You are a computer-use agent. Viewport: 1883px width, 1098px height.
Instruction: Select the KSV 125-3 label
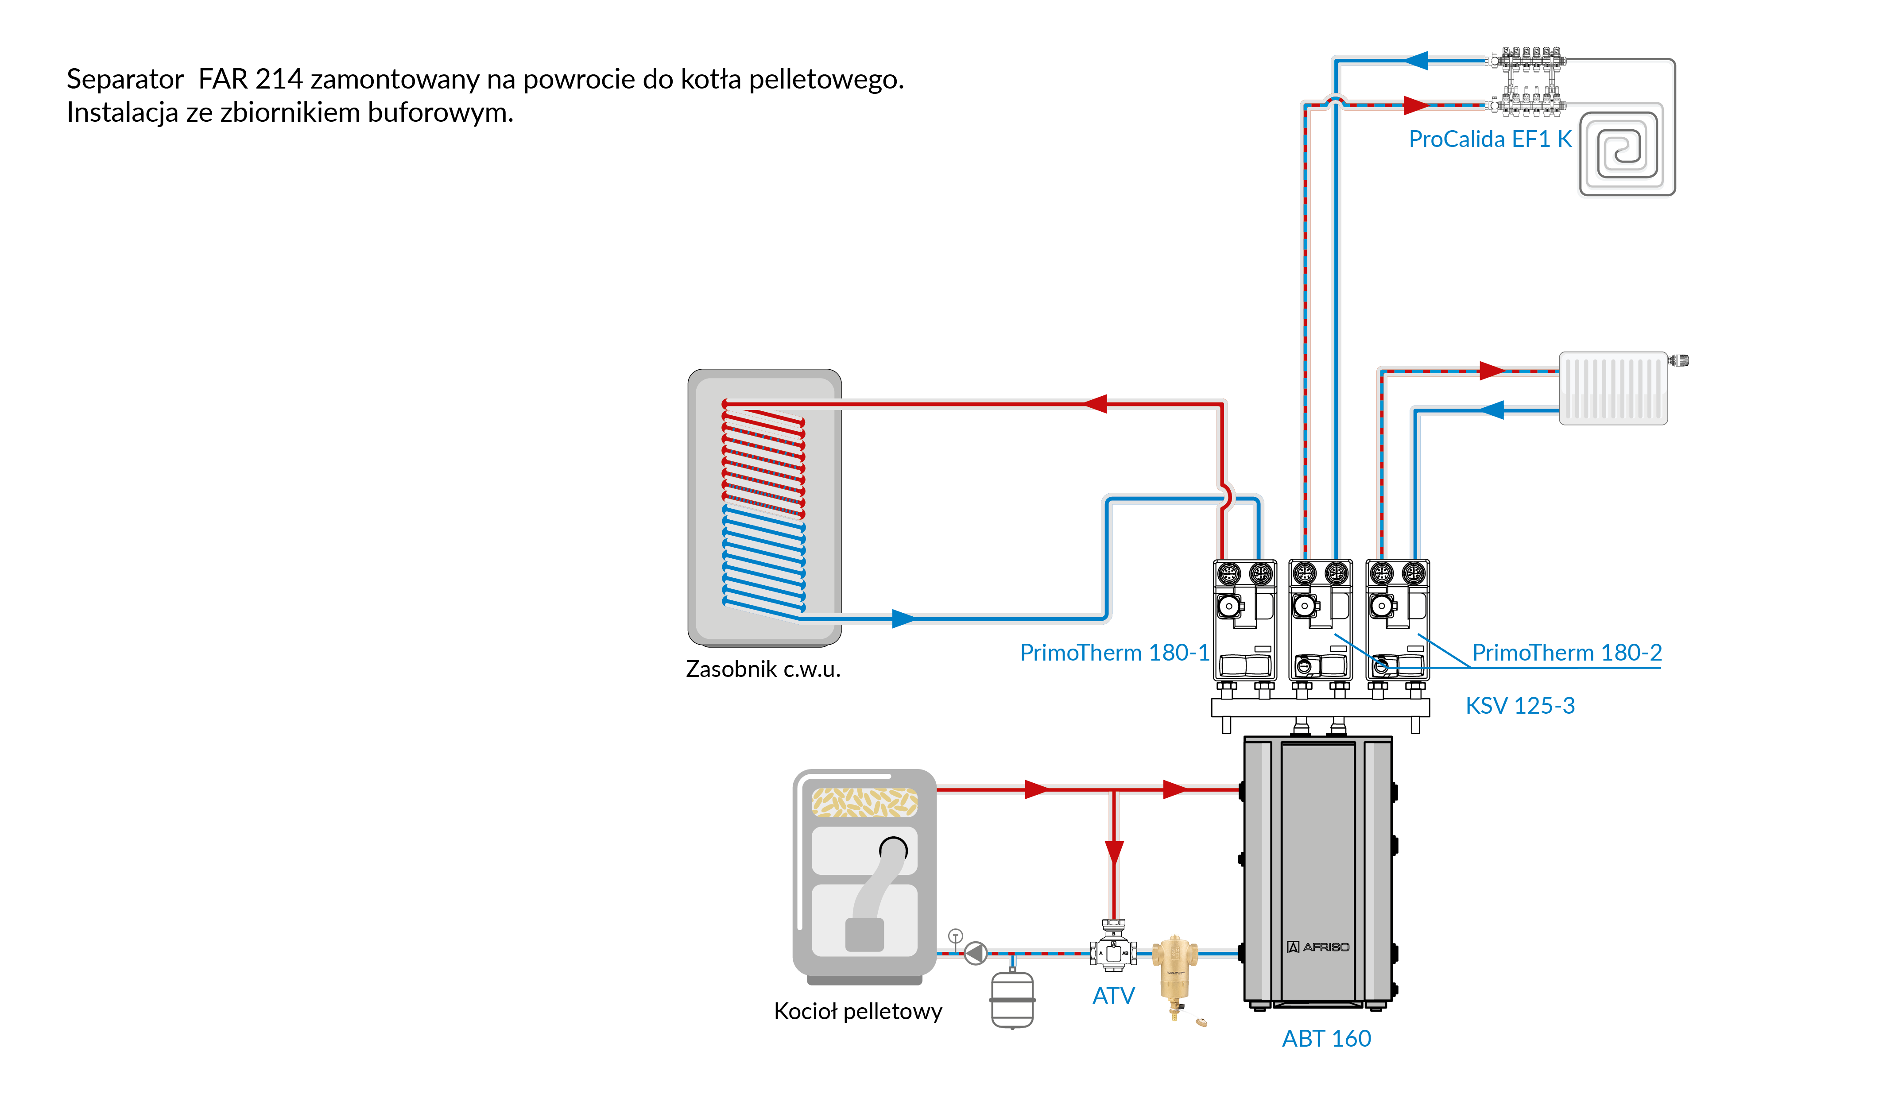pyautogui.click(x=1520, y=706)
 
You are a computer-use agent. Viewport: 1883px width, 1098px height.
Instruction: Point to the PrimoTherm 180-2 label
pyautogui.click(x=1566, y=653)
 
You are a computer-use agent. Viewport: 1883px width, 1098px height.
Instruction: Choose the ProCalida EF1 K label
pyautogui.click(x=1490, y=139)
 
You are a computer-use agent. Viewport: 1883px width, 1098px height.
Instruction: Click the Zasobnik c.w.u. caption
pyautogui.click(x=763, y=669)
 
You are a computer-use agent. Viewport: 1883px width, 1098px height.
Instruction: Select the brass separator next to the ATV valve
pyautogui.click(x=1174, y=971)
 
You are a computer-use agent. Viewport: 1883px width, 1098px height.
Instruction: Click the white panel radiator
pyautogui.click(x=1612, y=388)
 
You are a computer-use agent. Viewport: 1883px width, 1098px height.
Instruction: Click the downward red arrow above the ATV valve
pyautogui.click(x=1114, y=851)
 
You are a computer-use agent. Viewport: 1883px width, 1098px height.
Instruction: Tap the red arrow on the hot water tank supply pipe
pyautogui.click(x=1096, y=404)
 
